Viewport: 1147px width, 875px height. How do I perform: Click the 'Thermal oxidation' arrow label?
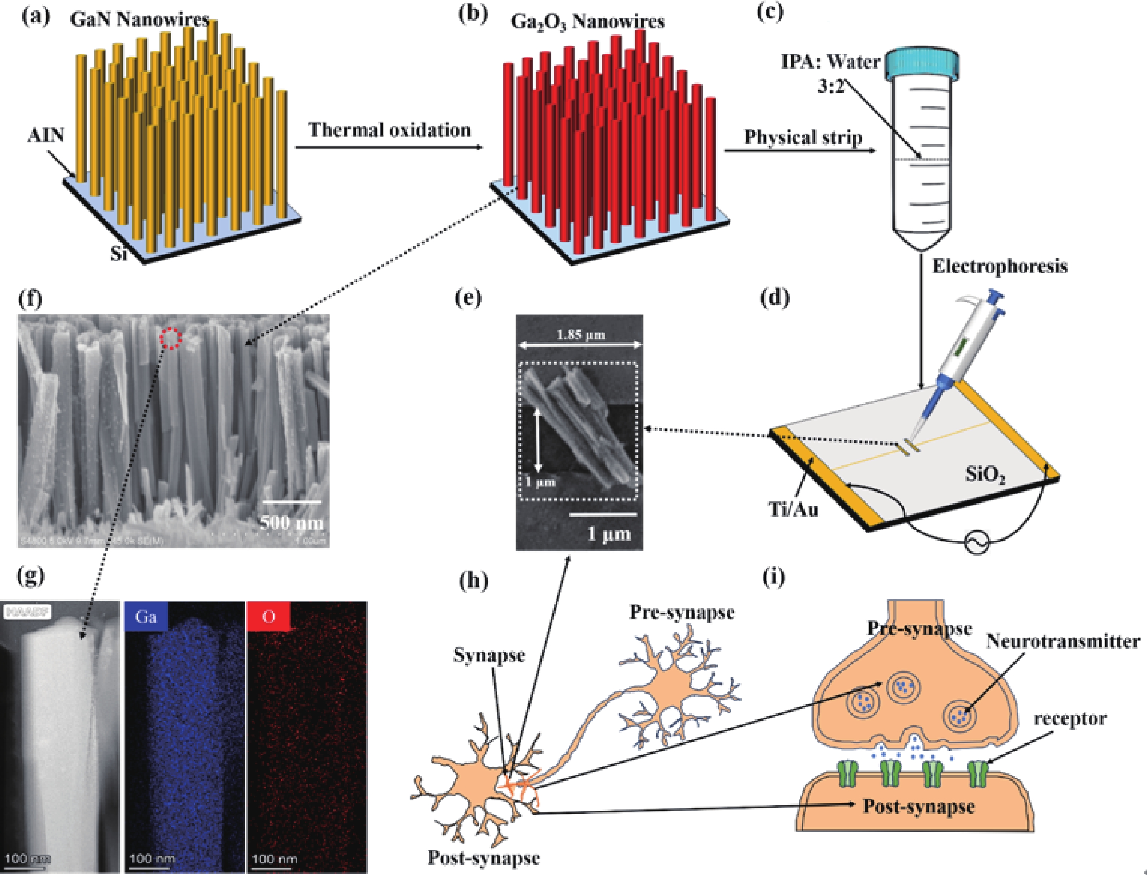[389, 130]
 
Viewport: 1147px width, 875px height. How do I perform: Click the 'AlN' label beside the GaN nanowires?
[46, 135]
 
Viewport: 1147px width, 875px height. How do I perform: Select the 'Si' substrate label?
[119, 254]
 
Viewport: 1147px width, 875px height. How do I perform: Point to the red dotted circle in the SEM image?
[170, 339]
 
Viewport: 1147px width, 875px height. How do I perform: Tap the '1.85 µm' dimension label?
[581, 335]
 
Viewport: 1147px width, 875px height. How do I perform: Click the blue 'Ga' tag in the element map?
[146, 617]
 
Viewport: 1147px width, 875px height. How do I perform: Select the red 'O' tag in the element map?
[268, 617]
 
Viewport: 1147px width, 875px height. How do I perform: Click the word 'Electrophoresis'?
[1000, 266]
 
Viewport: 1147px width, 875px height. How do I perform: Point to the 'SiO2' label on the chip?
[985, 474]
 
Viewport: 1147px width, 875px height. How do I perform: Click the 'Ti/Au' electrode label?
[794, 509]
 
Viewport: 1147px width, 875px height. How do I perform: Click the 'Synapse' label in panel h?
[489, 655]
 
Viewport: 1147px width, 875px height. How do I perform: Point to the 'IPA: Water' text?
[830, 62]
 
